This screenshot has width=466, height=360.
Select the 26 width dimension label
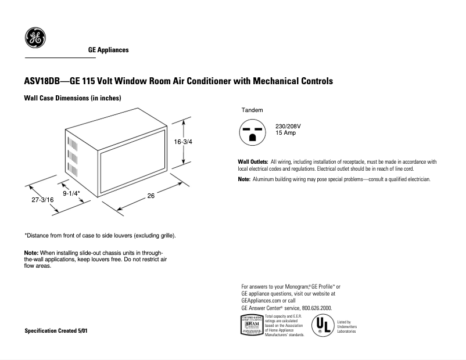pos(150,196)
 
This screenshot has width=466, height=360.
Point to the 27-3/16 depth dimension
pos(42,200)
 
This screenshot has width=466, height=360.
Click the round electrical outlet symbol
pos(252,132)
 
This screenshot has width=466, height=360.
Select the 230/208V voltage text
pos(288,126)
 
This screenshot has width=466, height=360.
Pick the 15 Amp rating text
pos(286,133)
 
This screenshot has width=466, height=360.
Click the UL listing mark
pos(322,326)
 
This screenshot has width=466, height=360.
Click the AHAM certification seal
pos(251,326)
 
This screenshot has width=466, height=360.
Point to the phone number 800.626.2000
pos(317,308)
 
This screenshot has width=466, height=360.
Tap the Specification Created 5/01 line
pos(57,330)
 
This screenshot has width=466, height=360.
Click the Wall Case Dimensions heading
pos(72,99)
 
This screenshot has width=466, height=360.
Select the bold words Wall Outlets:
pos(253,161)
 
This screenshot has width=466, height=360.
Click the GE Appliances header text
pos(108,50)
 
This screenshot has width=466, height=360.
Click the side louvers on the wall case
pos(73,157)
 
